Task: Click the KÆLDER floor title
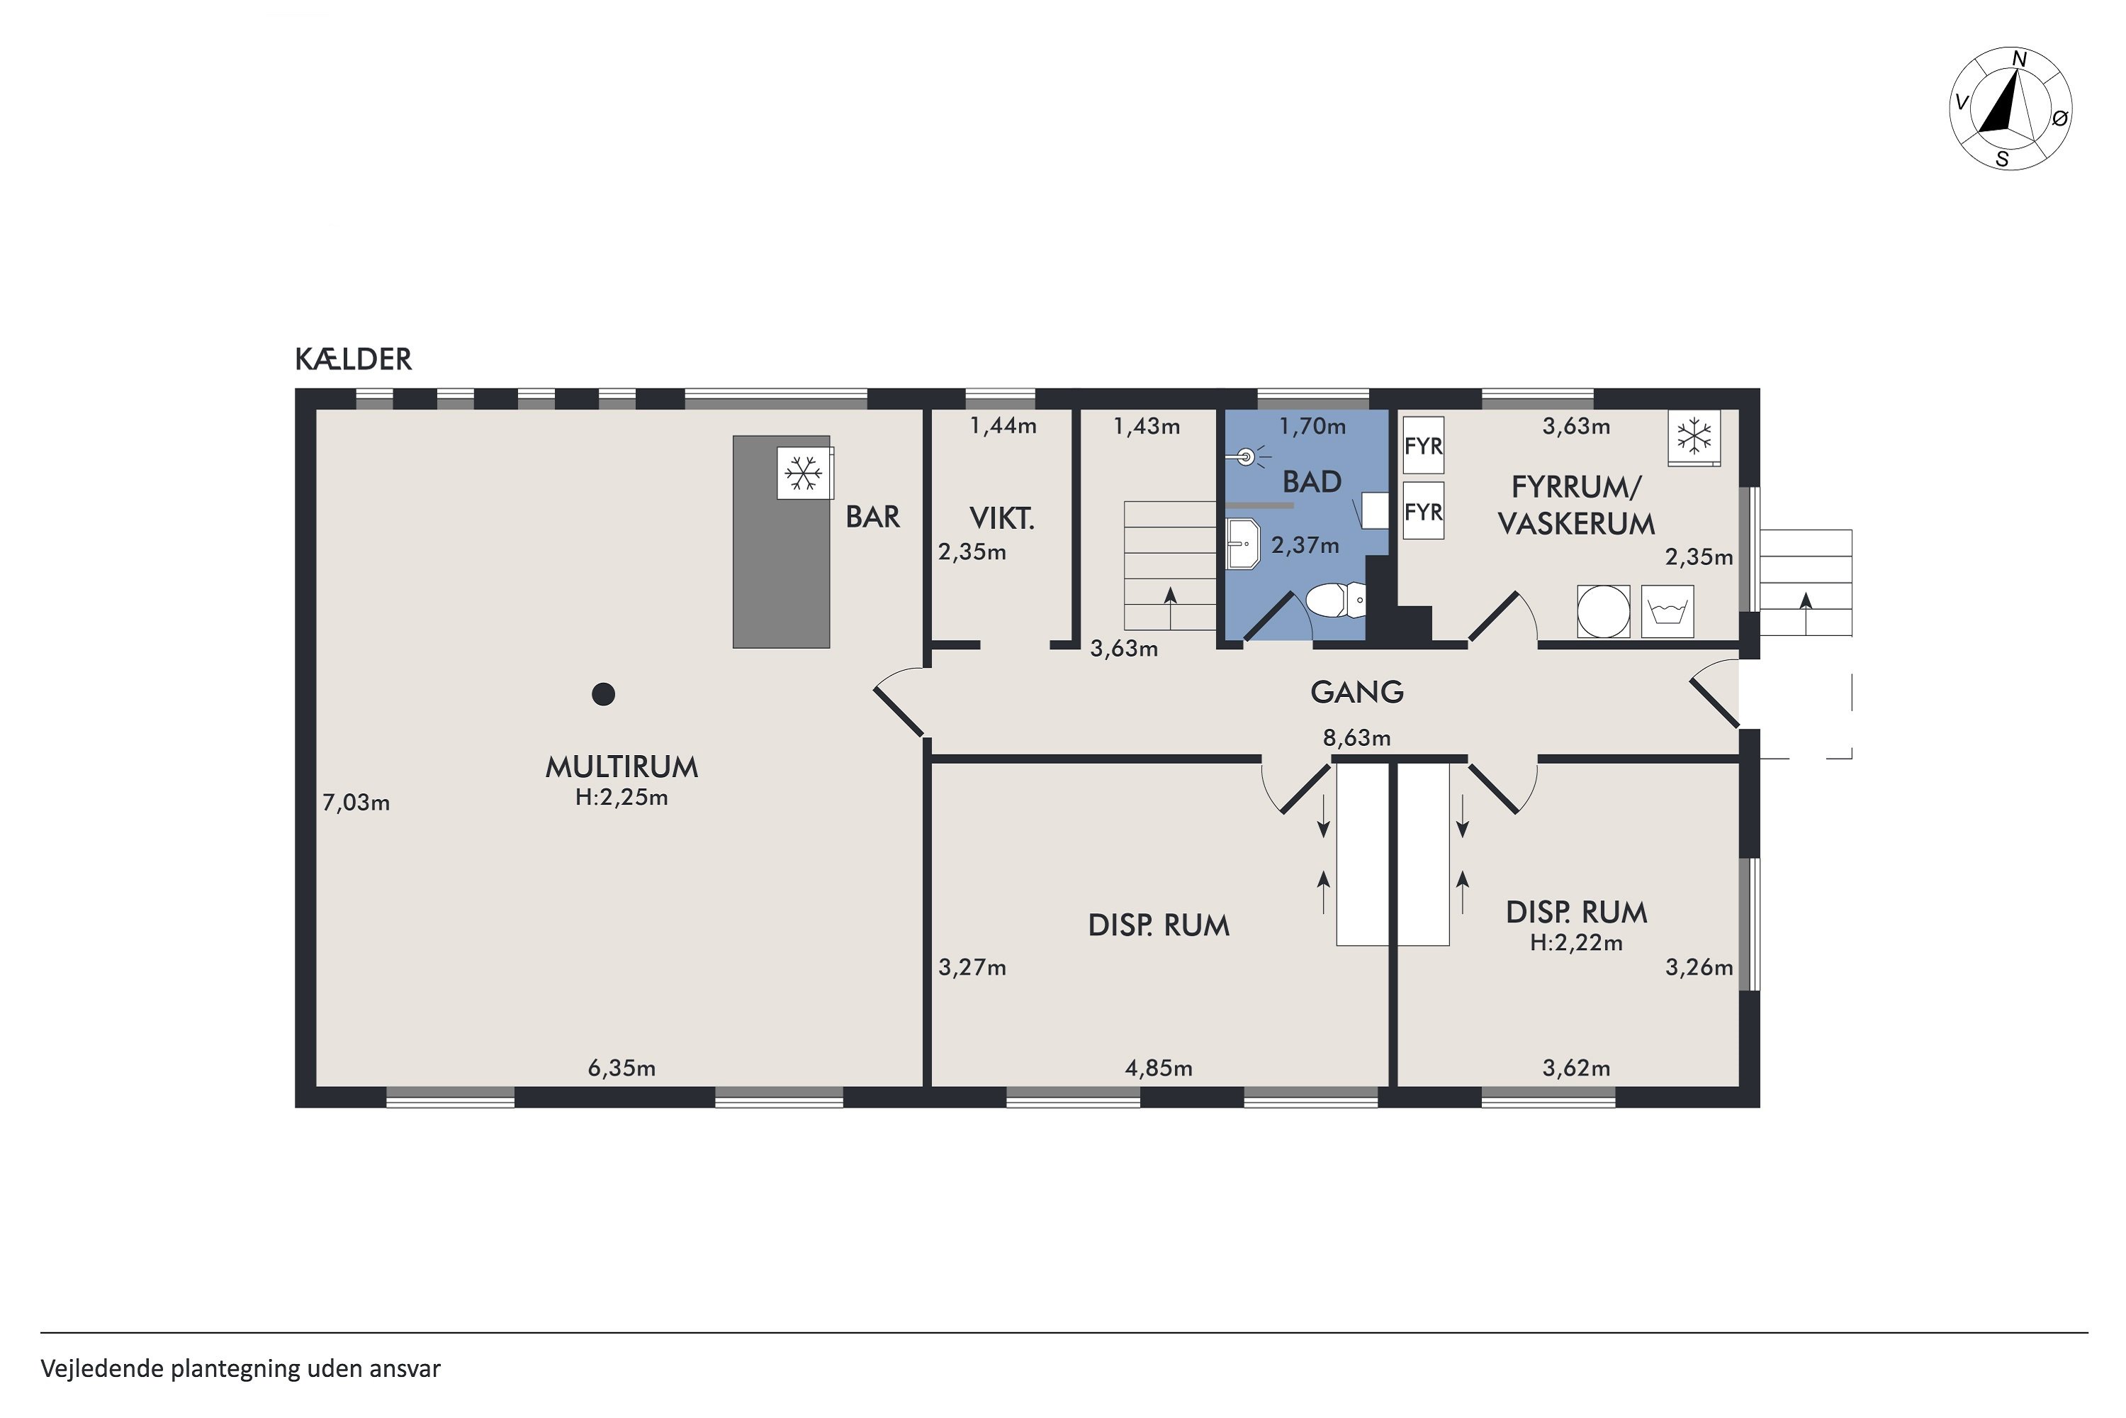(354, 359)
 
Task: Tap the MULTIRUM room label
(622, 767)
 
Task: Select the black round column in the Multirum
(604, 693)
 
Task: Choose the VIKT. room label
(1001, 518)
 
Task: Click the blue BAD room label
(1312, 482)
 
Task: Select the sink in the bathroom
(1244, 544)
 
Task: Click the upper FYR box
(1424, 446)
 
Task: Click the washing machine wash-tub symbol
(1667, 611)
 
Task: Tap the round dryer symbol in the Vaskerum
(1604, 611)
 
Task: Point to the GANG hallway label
(1357, 692)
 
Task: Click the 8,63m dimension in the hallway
(1357, 738)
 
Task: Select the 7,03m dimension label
(356, 803)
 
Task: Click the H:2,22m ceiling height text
(1576, 942)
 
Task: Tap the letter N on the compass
(2018, 60)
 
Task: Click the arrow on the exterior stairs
(1806, 613)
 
